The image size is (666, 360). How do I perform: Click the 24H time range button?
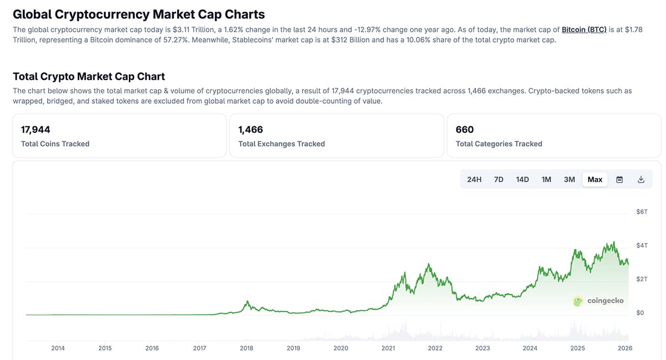pyautogui.click(x=474, y=179)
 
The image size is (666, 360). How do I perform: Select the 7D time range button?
pyautogui.click(x=498, y=179)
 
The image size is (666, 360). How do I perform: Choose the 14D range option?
pyautogui.click(x=522, y=179)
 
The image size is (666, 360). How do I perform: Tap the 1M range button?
pyautogui.click(x=546, y=179)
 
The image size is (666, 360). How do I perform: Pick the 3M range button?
pyautogui.click(x=569, y=179)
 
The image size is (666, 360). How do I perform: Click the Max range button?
pyautogui.click(x=595, y=179)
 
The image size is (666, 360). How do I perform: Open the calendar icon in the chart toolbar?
pyautogui.click(x=620, y=179)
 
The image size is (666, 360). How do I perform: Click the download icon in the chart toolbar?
pyautogui.click(x=641, y=179)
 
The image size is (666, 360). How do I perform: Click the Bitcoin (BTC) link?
pyautogui.click(x=584, y=29)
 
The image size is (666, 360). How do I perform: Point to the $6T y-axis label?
pyautogui.click(x=642, y=212)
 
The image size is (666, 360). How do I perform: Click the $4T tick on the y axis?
pyautogui.click(x=642, y=245)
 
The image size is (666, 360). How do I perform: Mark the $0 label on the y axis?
pyautogui.click(x=640, y=313)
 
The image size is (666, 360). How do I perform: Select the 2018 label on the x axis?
pyautogui.click(x=246, y=348)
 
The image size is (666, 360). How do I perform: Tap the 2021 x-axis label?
pyautogui.click(x=388, y=348)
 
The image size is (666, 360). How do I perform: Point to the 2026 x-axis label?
pyautogui.click(x=625, y=348)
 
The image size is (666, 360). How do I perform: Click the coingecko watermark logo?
pyautogui.click(x=598, y=301)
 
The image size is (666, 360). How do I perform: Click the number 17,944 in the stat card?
pyautogui.click(x=36, y=130)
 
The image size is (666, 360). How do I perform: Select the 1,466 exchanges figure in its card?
pyautogui.click(x=250, y=130)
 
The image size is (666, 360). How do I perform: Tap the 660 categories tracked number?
pyautogui.click(x=465, y=130)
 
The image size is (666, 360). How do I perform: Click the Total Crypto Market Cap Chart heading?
pyautogui.click(x=89, y=77)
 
